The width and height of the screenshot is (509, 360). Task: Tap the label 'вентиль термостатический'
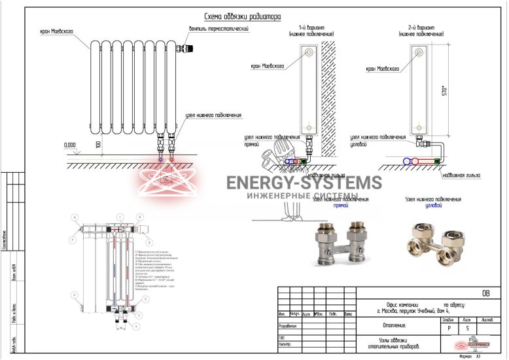tap(219, 29)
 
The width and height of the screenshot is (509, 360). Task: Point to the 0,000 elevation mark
tap(69, 144)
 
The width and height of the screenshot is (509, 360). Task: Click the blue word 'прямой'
tap(340, 206)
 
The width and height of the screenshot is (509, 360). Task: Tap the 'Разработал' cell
tap(288, 325)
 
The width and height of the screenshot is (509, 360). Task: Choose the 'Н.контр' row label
tap(285, 344)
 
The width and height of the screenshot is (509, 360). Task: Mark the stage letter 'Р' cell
tap(448, 329)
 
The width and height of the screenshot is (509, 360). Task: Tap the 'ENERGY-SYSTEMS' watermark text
tap(304, 183)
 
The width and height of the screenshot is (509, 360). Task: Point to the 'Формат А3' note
tap(470, 357)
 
